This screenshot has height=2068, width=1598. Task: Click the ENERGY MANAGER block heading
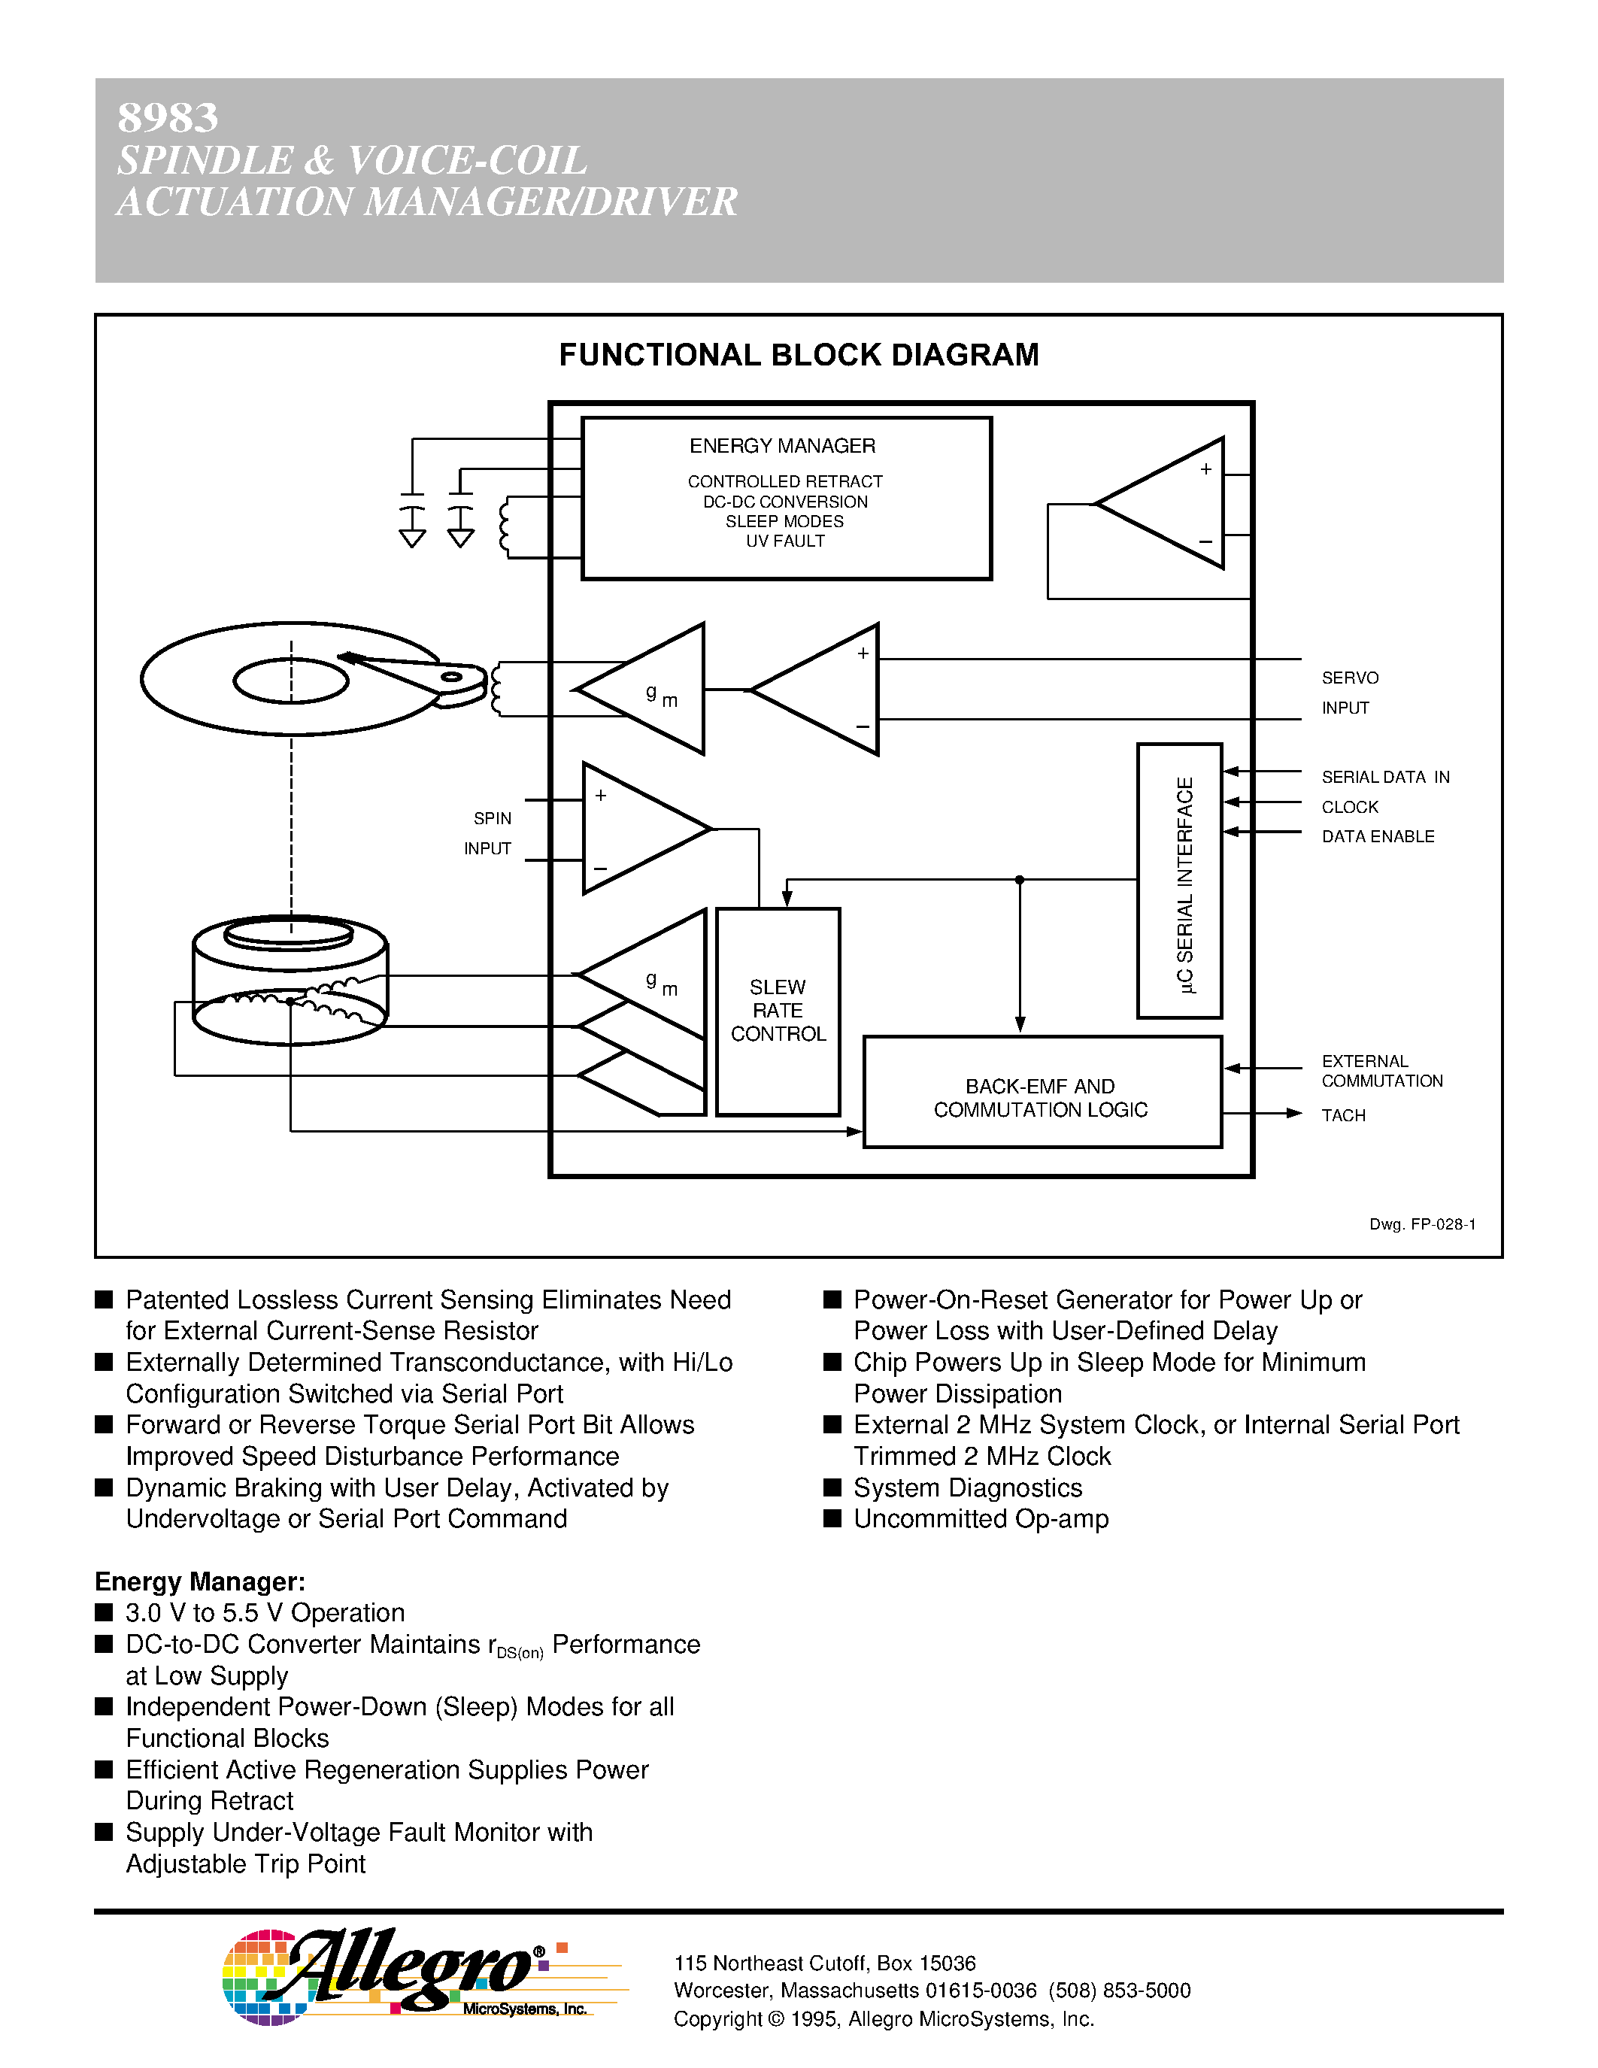coord(782,446)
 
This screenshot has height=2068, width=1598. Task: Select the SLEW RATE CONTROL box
coord(778,1011)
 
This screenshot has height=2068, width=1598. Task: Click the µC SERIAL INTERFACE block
coord(1180,881)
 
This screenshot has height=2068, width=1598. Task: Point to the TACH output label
coord(1343,1115)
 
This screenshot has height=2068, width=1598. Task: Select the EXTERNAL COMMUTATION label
coord(1381,1071)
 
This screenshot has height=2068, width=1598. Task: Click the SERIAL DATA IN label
coord(1385,778)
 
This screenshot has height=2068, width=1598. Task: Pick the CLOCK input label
coord(1350,808)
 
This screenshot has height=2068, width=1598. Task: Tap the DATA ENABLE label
coord(1378,837)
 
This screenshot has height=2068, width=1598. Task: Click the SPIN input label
coord(493,819)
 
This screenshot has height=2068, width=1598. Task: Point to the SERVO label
coord(1350,678)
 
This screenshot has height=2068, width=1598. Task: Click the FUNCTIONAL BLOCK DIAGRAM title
coord(798,355)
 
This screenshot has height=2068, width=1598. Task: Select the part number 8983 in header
coord(168,118)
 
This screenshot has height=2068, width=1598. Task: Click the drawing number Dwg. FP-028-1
coord(1422,1224)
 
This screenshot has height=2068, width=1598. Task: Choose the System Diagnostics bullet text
coord(968,1488)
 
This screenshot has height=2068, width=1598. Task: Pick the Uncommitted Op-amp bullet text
coord(981,1519)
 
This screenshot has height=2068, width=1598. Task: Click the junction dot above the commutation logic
coord(1020,880)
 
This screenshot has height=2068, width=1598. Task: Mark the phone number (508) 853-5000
coord(1119,1991)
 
